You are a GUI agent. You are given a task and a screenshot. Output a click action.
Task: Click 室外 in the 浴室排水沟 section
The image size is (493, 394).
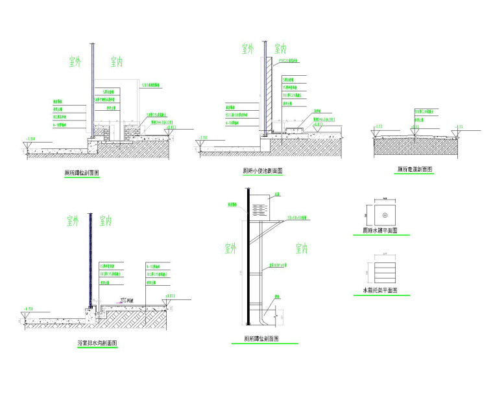pyautogui.click(x=73, y=220)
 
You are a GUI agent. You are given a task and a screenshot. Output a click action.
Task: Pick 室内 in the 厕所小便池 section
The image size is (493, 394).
pyautogui.click(x=280, y=49)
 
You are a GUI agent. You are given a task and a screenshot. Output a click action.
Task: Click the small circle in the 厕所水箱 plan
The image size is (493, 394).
pyautogui.click(x=384, y=213)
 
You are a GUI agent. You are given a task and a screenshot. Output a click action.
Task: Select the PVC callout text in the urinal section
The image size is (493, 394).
pyautogui.click(x=289, y=61)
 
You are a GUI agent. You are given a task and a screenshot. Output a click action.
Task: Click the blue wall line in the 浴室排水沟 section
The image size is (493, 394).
pyautogui.click(x=90, y=259)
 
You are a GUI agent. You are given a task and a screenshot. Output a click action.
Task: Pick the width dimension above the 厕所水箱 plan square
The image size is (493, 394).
pyautogui.click(x=384, y=200)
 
